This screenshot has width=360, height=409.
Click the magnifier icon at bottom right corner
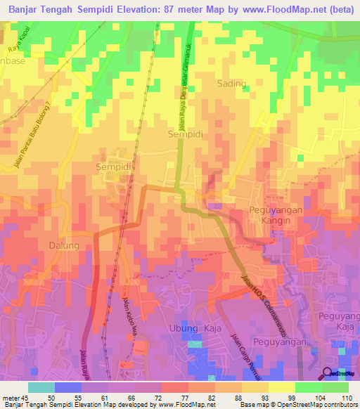(328, 373)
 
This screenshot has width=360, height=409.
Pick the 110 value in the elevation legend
(345, 397)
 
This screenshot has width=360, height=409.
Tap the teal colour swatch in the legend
(41, 387)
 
